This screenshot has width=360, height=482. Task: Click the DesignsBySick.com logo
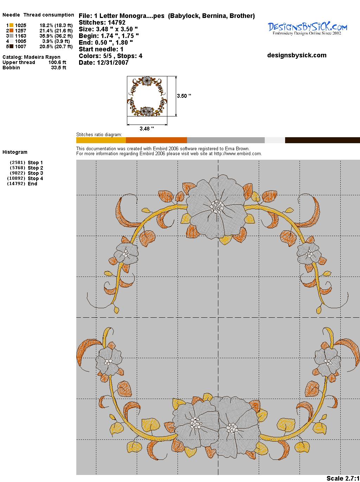click(x=307, y=28)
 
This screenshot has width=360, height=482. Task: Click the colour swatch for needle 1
click(x=11, y=25)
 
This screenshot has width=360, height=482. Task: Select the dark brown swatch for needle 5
click(x=11, y=46)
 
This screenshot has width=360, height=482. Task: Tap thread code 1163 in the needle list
click(x=21, y=36)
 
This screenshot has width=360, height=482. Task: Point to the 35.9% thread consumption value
click(x=46, y=36)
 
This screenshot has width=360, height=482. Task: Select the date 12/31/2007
click(x=112, y=63)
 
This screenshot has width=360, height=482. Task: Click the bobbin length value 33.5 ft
click(x=59, y=68)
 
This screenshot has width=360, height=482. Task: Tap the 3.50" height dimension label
click(x=184, y=96)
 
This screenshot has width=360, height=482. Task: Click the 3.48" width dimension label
click(x=147, y=128)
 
